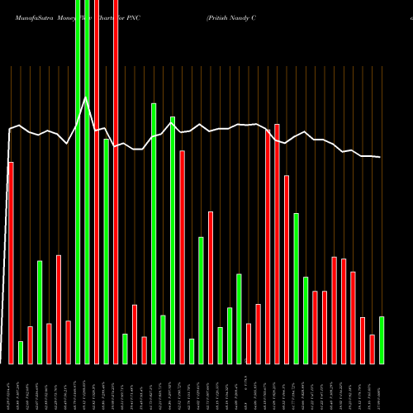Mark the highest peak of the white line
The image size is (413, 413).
point(85,98)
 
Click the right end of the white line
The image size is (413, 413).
point(381,157)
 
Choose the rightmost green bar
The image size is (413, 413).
point(382,339)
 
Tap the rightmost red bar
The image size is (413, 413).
point(372,349)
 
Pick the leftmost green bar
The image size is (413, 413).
point(21,352)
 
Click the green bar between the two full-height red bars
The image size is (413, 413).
point(106,251)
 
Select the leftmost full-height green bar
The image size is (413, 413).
point(78,182)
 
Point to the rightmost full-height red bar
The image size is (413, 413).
point(116,182)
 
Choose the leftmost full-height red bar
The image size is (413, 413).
point(97,182)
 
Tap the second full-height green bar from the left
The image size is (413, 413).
point(87,182)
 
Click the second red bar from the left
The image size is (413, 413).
point(30,344)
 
